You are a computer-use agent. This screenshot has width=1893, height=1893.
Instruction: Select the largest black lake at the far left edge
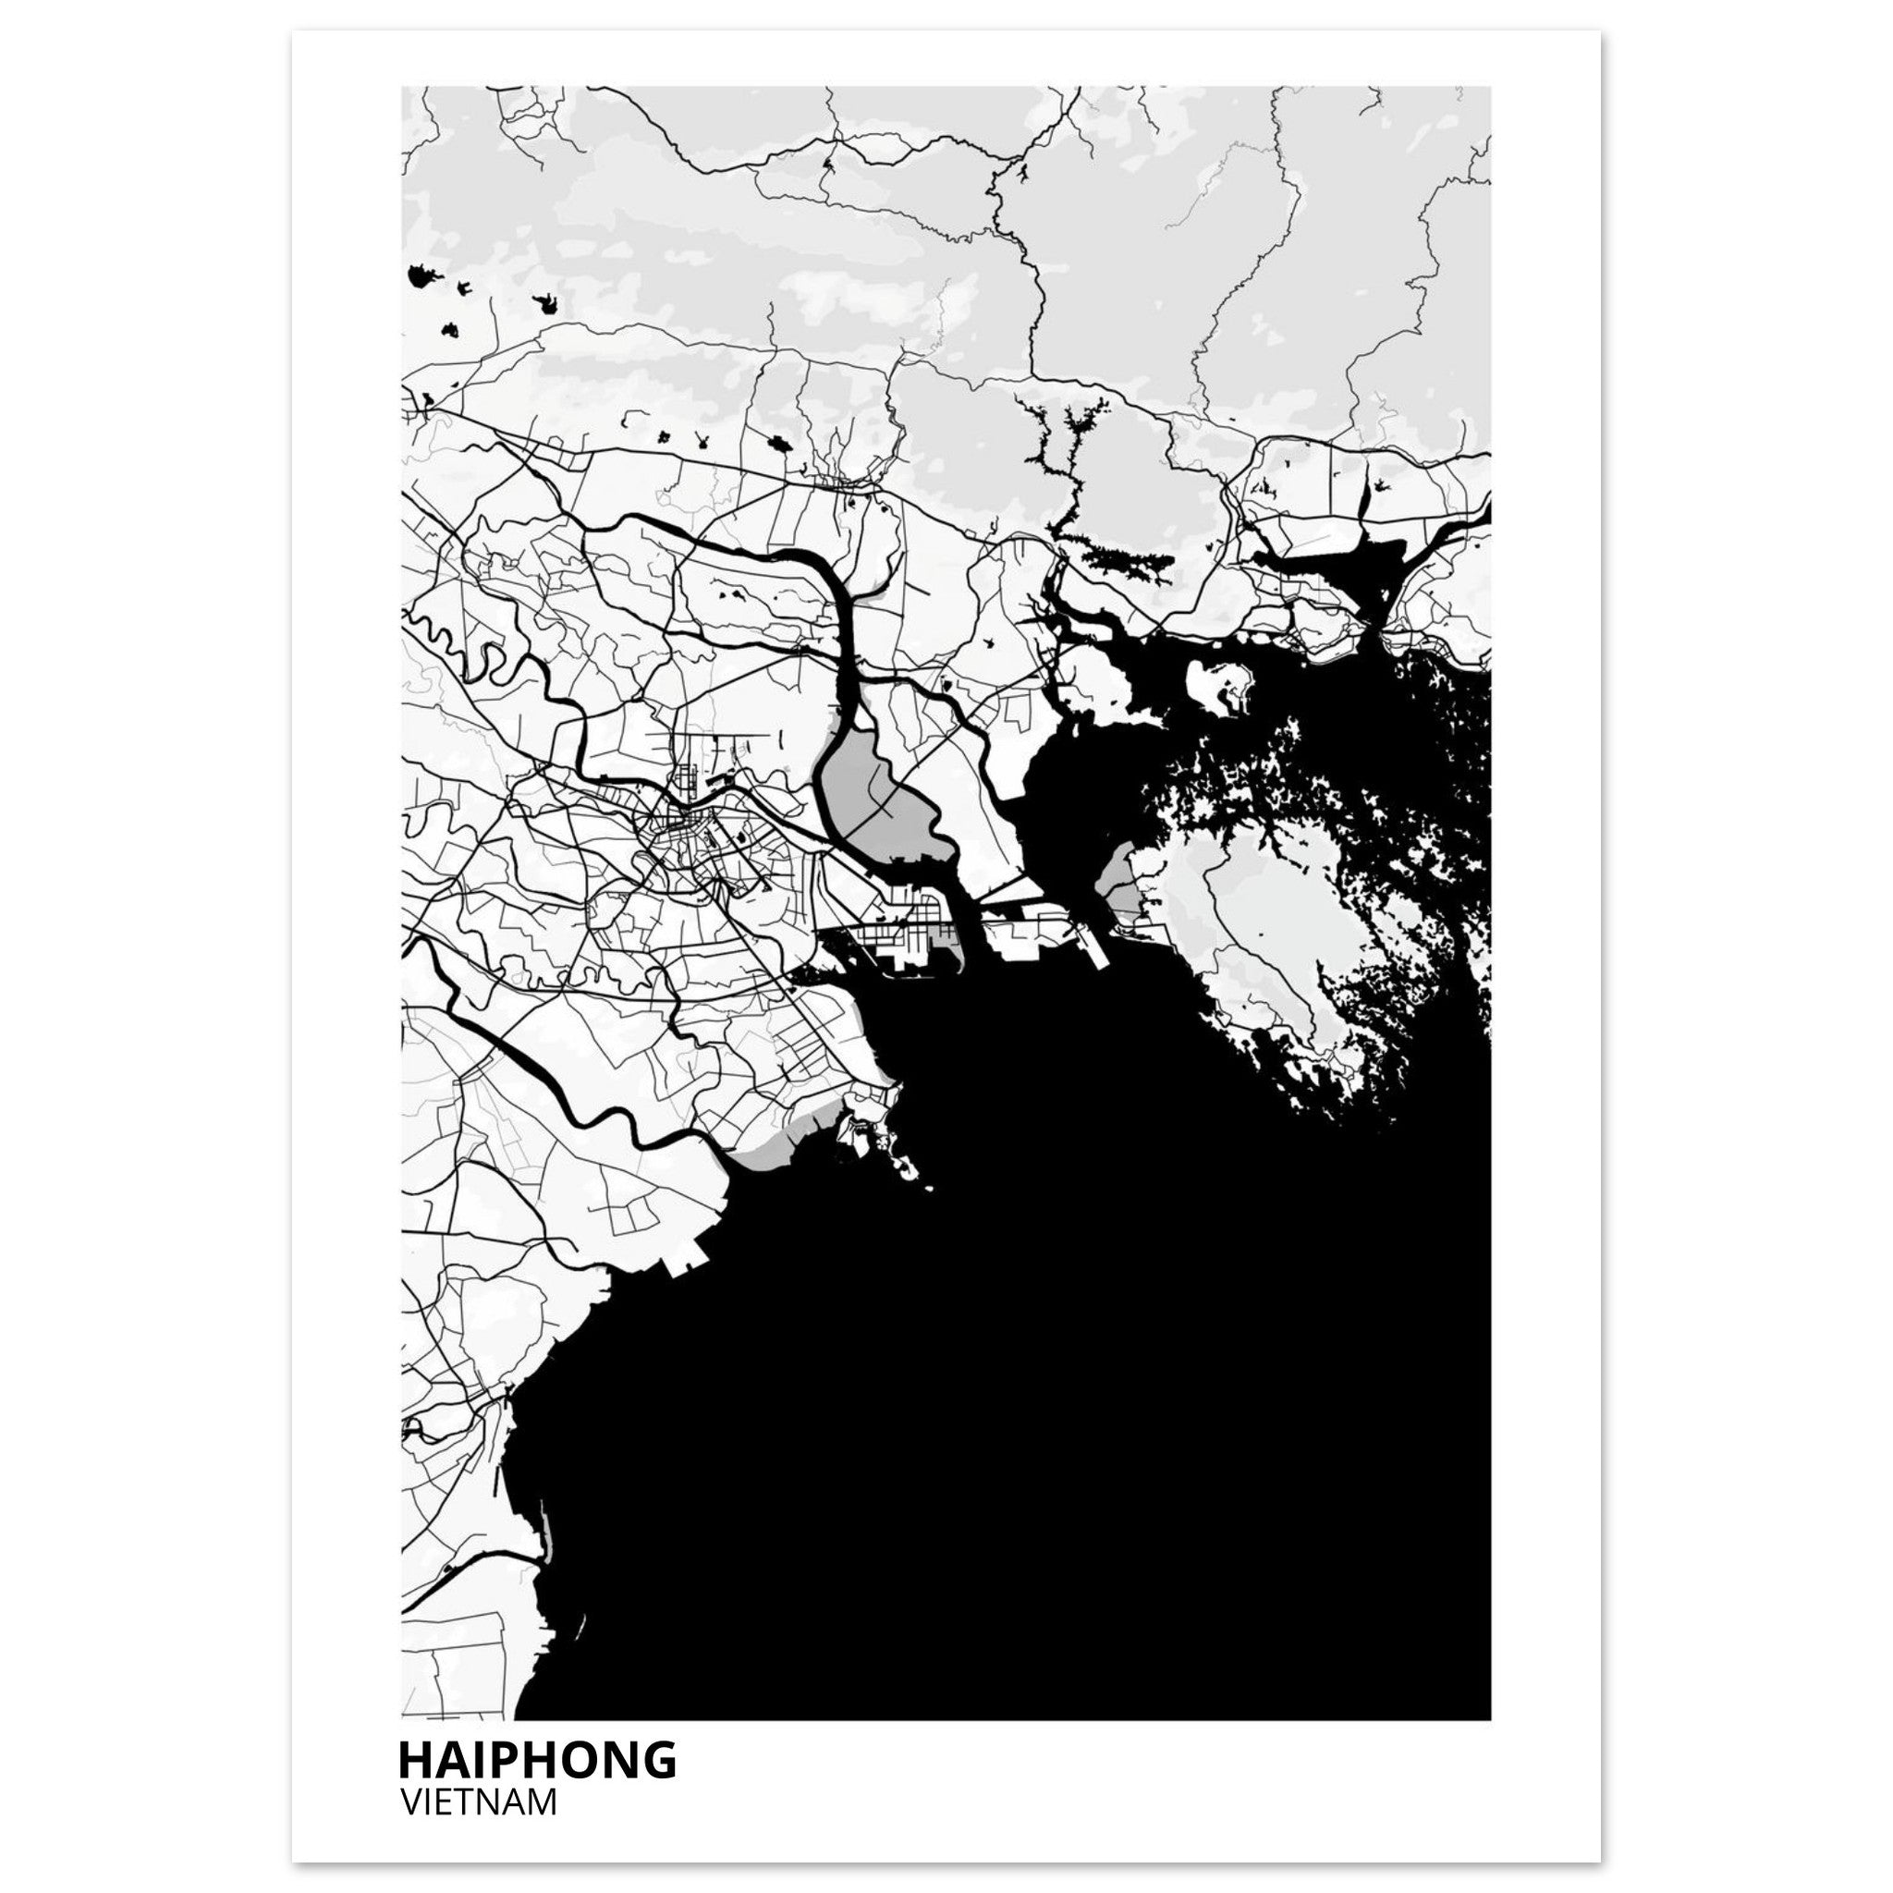(422, 277)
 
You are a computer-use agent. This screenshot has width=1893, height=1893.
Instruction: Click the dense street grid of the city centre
(686, 843)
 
